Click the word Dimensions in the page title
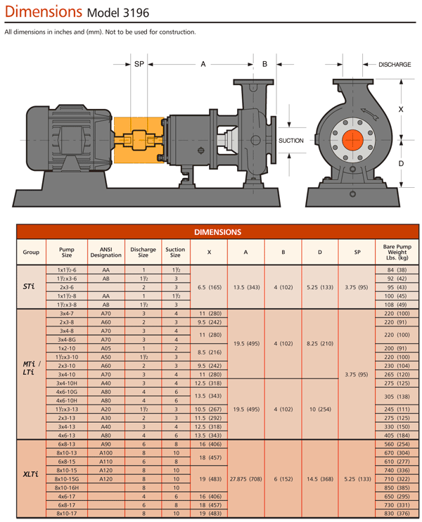[x=41, y=12]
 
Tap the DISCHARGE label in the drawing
[x=395, y=64]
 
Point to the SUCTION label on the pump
[x=291, y=141]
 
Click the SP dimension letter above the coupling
[x=139, y=64]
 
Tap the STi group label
[x=30, y=287]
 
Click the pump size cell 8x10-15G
[x=67, y=478]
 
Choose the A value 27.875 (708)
[x=245, y=478]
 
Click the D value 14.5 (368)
[x=320, y=478]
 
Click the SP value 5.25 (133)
[x=357, y=478]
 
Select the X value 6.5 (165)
[x=210, y=287]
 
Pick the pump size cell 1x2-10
[x=67, y=348]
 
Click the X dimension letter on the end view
[x=401, y=110]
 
